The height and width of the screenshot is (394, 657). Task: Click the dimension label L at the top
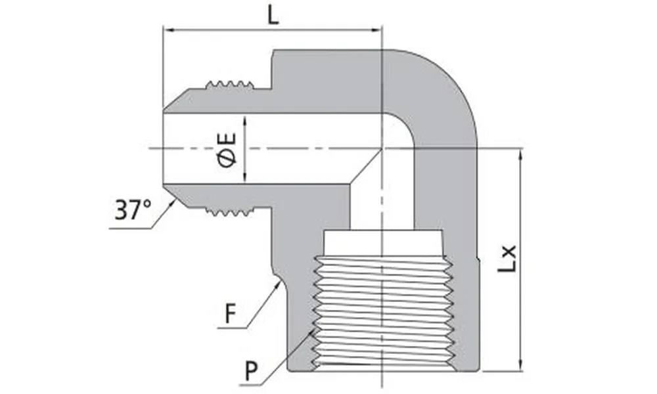point(273,15)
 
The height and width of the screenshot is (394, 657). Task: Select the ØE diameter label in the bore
point(228,150)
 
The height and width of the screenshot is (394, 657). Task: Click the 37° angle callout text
point(133,210)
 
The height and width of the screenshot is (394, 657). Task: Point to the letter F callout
point(230,314)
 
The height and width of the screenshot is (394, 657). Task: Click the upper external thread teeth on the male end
point(229,85)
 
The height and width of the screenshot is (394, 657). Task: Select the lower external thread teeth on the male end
point(229,211)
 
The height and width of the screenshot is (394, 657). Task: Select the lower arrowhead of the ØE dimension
point(244,178)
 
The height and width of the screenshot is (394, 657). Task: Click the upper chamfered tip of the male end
point(173,100)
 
